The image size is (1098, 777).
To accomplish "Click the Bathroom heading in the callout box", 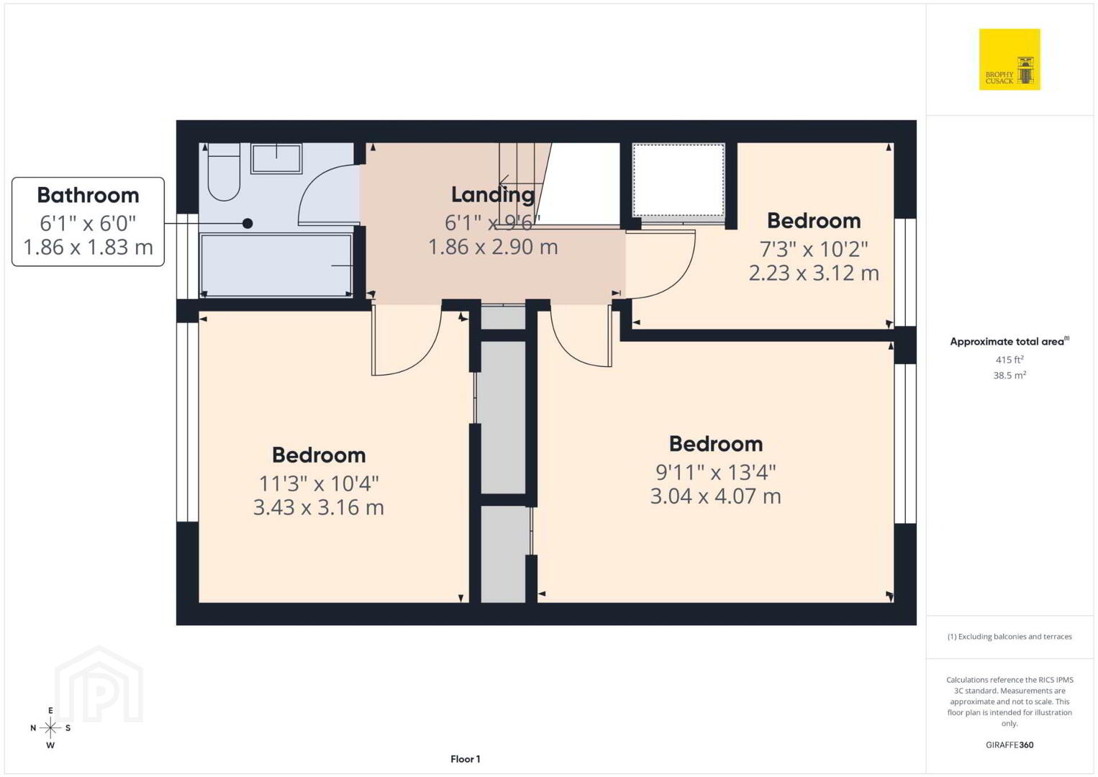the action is coord(89,195).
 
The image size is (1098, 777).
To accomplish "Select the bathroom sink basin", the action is coord(276,158).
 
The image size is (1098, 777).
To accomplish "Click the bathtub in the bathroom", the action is coord(276,265).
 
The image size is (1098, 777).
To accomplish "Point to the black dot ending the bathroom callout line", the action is coord(248,224).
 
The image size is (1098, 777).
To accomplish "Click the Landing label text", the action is coord(493,195).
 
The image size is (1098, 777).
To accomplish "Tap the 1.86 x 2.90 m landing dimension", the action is coord(493,247).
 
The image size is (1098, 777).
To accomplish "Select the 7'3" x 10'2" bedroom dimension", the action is coord(814,250).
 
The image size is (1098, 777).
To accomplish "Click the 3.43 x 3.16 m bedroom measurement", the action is coord(319,507).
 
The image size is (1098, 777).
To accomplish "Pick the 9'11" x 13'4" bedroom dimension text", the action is coord(716,473).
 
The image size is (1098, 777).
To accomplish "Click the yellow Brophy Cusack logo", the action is coord(1009,59).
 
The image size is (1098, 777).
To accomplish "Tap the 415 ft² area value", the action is coord(1009,359).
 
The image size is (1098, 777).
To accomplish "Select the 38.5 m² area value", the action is coord(1009,376).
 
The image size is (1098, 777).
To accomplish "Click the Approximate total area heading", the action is coord(1009,342).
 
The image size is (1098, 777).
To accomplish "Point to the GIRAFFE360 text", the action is coord(1009,745).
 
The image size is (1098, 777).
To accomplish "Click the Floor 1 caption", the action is coord(466,759).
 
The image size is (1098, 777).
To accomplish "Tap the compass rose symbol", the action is coord(50,728).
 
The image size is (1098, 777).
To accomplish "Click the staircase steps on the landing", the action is coord(525,184).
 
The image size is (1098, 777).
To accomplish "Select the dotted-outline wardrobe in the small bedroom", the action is coord(679,180).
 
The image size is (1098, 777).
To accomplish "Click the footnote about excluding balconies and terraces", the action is coord(1009,636).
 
